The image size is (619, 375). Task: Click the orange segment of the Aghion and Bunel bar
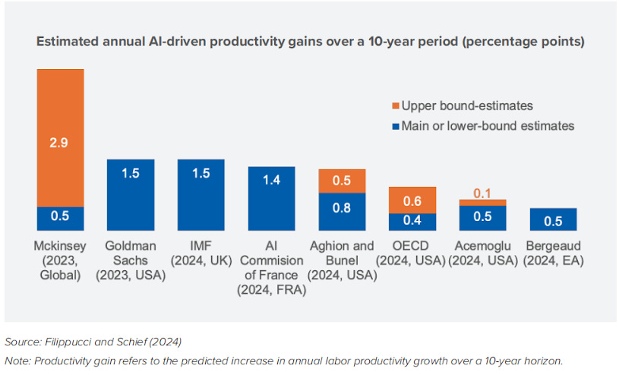(x=342, y=181)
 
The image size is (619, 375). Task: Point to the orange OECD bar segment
(x=412, y=200)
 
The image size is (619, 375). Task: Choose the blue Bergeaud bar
(x=553, y=219)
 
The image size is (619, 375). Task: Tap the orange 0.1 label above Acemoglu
(x=482, y=194)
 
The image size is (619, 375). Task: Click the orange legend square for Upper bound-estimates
(x=395, y=106)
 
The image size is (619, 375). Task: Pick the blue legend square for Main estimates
(x=395, y=126)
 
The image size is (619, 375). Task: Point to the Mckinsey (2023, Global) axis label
(x=59, y=260)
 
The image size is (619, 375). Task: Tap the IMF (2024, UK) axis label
(x=201, y=253)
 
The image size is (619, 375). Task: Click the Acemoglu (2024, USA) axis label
(x=482, y=253)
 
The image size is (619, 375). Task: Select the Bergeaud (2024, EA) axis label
(x=553, y=253)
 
